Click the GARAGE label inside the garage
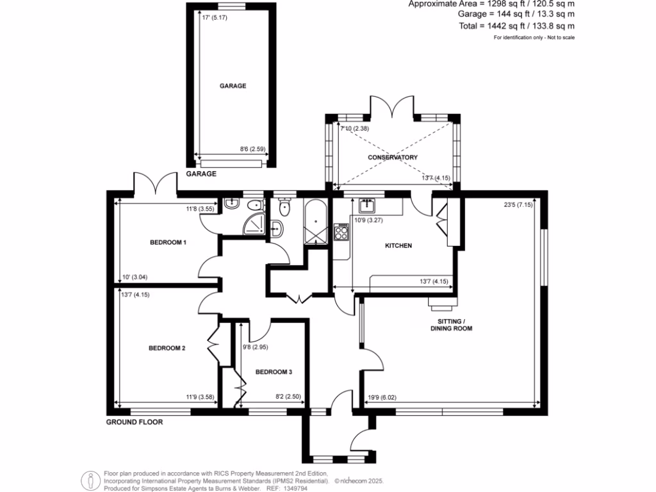[x=233, y=86]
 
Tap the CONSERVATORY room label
[x=392, y=157]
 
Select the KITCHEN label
[x=398, y=246]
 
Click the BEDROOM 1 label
[x=168, y=242]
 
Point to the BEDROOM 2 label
[x=167, y=348]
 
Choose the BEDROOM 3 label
[x=274, y=372]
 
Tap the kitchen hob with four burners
[x=341, y=231]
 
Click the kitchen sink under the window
[x=367, y=205]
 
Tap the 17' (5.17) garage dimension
[x=215, y=17]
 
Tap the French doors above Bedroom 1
[x=155, y=183]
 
